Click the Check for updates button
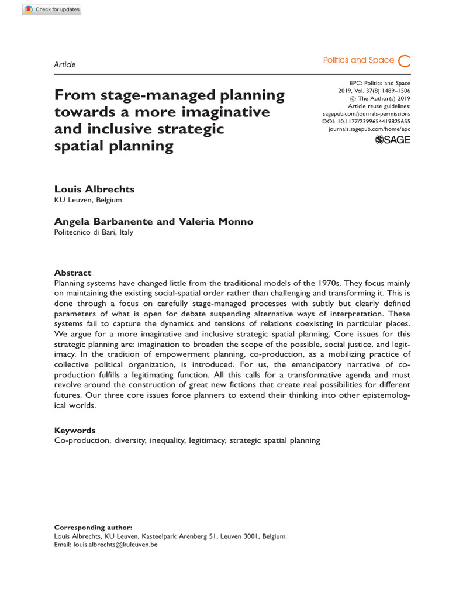[53, 9]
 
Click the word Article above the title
[64, 64]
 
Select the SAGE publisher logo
[392, 140]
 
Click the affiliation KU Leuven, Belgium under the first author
[88, 201]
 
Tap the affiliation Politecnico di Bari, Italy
[94, 232]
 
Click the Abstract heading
[72, 273]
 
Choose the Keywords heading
[74, 430]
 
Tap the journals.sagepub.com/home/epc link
[369, 129]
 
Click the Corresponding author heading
[93, 526]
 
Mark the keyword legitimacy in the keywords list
[208, 440]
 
